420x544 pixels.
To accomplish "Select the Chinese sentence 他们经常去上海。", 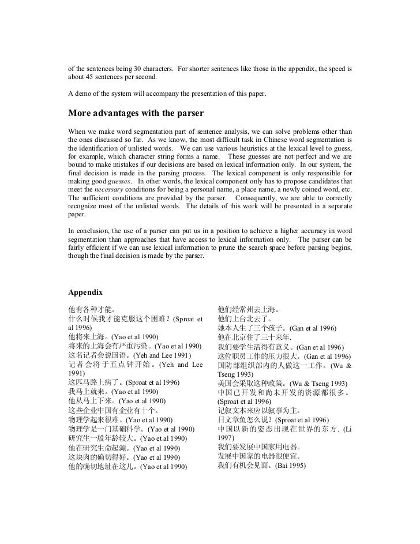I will pos(249,309).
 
